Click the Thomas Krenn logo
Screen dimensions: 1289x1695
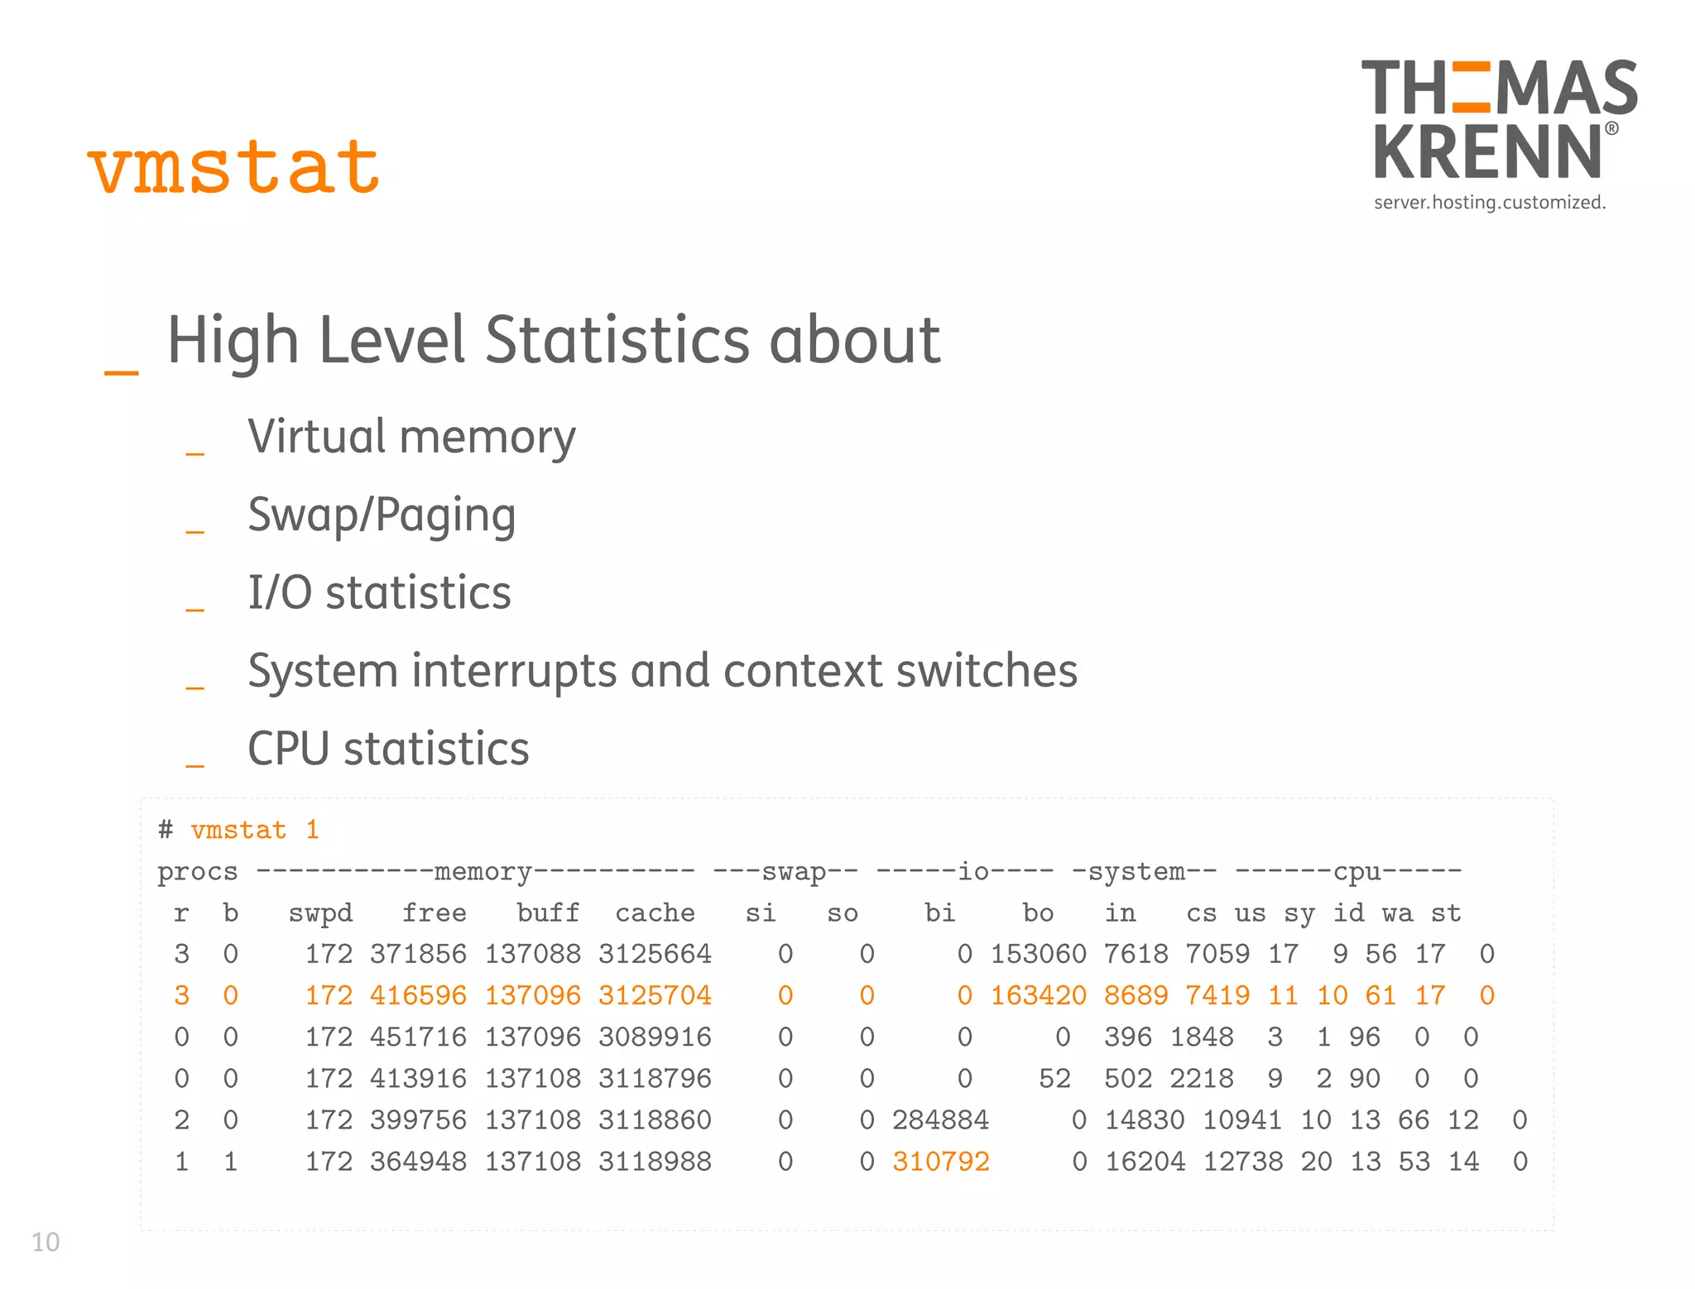tap(1498, 120)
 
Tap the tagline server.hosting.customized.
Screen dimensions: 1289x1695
tap(1489, 203)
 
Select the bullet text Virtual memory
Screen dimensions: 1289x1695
tap(411, 437)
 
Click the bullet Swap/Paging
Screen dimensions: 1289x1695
tap(382, 515)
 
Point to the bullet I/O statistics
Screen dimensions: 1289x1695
tap(379, 592)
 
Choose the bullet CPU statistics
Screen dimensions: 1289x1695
tap(388, 749)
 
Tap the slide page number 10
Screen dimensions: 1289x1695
tap(46, 1242)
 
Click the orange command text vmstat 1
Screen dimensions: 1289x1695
tap(254, 830)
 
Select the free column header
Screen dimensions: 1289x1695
tap(434, 913)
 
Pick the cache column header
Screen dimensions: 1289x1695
tap(655, 913)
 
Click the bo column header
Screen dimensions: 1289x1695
tap(1038, 913)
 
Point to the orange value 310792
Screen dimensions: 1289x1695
tap(940, 1162)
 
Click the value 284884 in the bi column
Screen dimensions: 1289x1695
tap(940, 1120)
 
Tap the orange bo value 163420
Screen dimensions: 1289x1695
tap(1038, 995)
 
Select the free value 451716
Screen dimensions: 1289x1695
tap(418, 1037)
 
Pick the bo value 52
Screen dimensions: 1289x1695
tap(1054, 1079)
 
